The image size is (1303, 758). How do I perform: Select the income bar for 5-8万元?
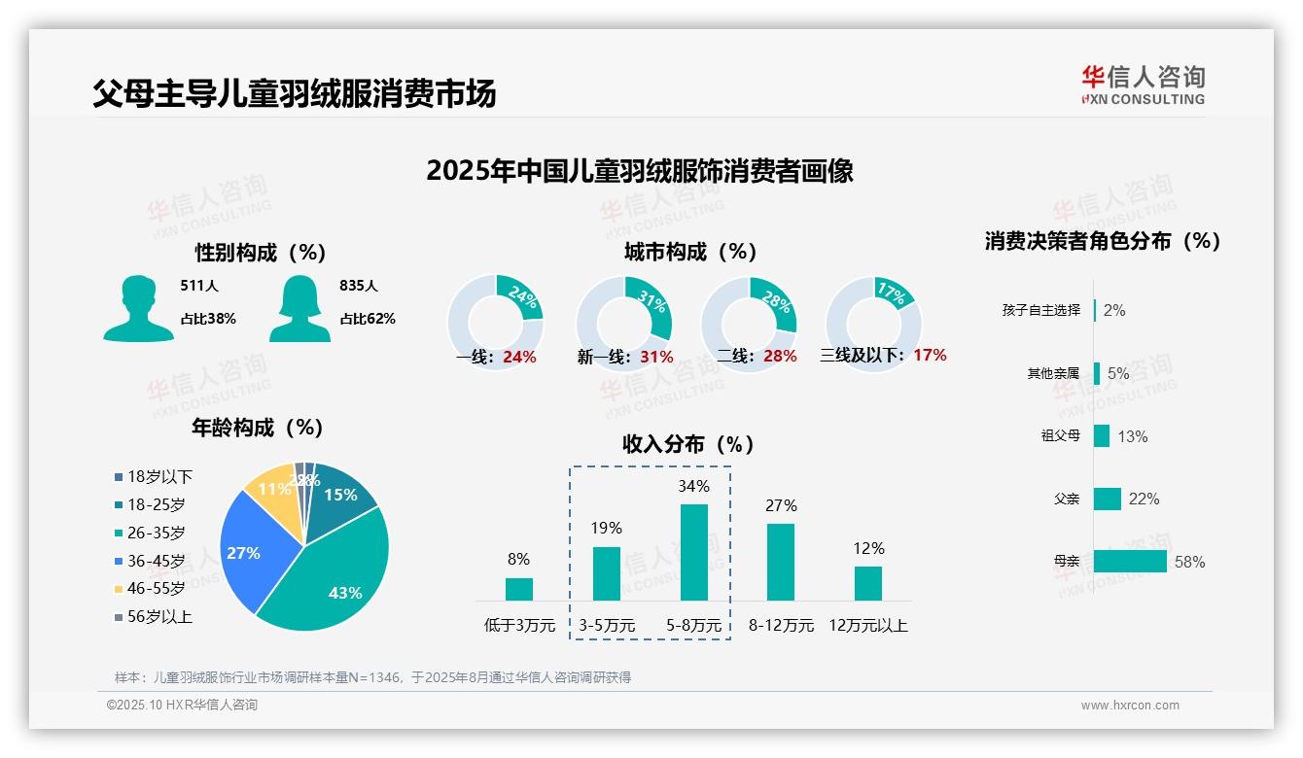tap(693, 552)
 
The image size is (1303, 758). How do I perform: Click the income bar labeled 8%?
tap(519, 589)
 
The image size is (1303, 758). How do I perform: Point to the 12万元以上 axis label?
tap(867, 626)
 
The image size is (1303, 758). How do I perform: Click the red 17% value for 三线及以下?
tap(930, 355)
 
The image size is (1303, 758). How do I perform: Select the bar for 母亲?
tap(1130, 561)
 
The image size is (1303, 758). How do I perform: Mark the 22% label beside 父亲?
tap(1145, 499)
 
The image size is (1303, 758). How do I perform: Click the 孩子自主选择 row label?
tap(1040, 310)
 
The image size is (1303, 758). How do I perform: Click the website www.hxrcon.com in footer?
tap(1130, 706)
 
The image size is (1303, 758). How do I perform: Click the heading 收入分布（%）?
tap(688, 444)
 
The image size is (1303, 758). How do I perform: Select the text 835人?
tap(359, 286)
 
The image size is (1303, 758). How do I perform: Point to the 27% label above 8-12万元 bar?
tap(781, 505)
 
